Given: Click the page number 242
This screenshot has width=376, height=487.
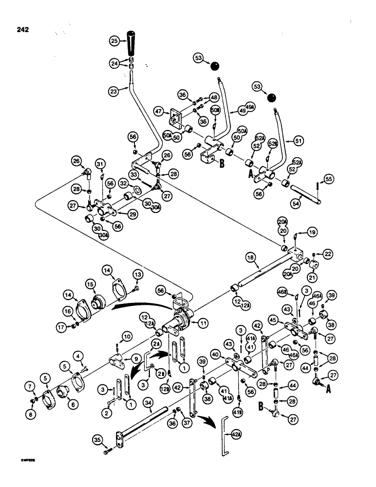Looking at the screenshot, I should point(21,30).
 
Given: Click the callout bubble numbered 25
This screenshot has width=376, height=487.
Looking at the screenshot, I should point(115,42).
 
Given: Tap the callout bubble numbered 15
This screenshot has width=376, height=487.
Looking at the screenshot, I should point(91,283).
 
